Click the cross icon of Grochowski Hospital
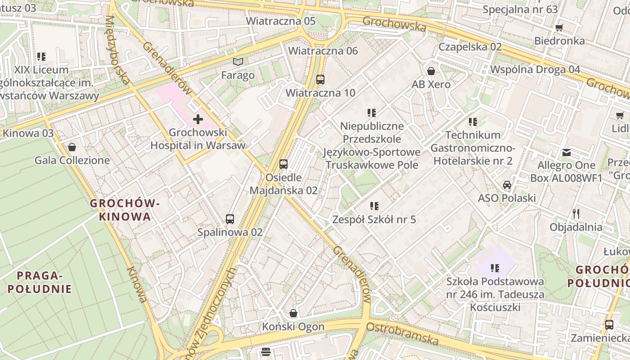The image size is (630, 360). point(198,119)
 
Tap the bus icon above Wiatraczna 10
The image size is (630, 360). point(320,80)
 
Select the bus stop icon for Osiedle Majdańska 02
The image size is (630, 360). point(283,164)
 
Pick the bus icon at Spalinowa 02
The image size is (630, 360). point(230,219)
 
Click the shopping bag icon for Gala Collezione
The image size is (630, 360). point(72,147)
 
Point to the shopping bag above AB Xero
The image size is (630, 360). point(431,71)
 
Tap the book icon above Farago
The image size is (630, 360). point(238,62)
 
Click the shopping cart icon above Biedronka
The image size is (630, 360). point(559,28)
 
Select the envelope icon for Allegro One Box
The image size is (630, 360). point(566,153)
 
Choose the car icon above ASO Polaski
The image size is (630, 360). point(507,185)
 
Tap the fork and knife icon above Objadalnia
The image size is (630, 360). point(576,213)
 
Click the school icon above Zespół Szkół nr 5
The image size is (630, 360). point(374,206)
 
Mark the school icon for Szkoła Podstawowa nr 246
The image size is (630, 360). point(495,268)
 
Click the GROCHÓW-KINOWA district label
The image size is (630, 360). point(125,210)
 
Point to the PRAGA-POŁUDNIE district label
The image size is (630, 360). point(40,282)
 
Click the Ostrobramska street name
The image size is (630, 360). point(402,333)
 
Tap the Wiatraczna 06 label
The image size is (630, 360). point(323,51)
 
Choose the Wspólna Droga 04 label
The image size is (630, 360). point(535,69)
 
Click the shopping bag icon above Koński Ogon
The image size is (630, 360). point(293,313)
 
